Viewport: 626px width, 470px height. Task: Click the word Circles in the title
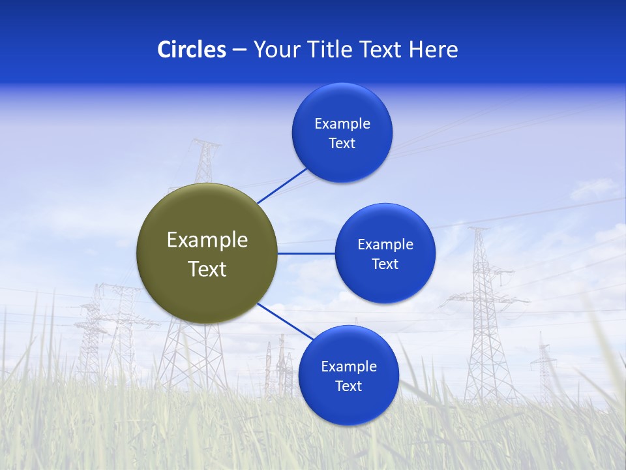click(191, 50)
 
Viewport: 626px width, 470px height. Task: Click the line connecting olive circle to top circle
click(282, 185)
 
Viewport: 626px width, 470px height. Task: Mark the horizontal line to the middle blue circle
click(306, 253)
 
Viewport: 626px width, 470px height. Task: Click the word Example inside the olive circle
click(207, 240)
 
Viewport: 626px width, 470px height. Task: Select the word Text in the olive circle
click(207, 269)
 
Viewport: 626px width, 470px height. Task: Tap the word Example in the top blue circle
click(342, 124)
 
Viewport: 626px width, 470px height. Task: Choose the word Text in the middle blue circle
click(385, 264)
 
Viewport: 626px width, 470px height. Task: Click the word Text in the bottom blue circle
click(348, 386)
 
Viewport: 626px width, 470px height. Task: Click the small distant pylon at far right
click(543, 366)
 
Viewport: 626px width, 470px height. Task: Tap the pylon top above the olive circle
click(205, 157)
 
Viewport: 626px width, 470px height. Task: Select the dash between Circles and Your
click(239, 50)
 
